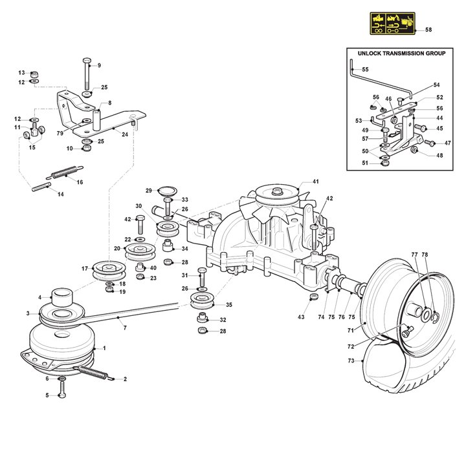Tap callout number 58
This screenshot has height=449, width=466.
(x=428, y=30)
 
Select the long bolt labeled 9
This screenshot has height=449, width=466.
(x=85, y=75)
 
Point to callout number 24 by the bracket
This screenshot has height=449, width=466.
(x=124, y=134)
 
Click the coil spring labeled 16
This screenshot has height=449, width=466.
(x=63, y=173)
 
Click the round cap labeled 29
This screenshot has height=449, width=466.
(x=167, y=189)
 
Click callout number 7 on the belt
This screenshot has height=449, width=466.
(x=124, y=328)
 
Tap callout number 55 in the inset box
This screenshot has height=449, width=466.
(x=365, y=69)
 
